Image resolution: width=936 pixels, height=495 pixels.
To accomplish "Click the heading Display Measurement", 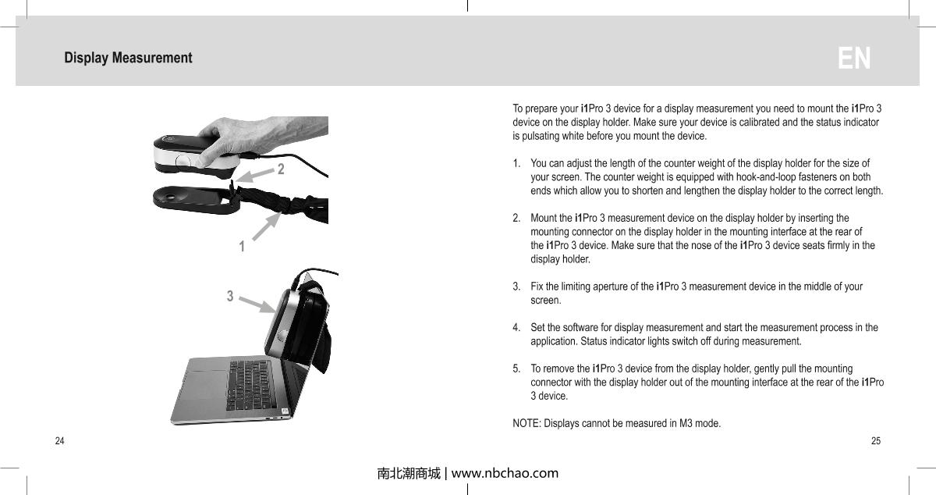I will click(x=128, y=59).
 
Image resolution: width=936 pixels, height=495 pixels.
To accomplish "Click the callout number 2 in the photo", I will click(x=281, y=169).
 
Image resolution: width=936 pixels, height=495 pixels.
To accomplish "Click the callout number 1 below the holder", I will click(x=242, y=247).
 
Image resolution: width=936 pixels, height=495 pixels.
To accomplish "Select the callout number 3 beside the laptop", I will click(x=230, y=296).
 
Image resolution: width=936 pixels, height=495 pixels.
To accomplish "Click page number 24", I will click(x=59, y=441).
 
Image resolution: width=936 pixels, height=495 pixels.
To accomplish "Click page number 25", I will click(x=876, y=441).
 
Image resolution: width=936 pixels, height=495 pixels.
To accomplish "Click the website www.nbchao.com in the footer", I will click(x=505, y=473).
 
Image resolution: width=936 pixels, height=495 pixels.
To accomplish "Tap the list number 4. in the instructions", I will click(x=516, y=327).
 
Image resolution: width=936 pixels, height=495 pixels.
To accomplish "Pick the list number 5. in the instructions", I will click(x=516, y=369).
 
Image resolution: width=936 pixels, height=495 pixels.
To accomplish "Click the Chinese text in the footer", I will click(x=408, y=473).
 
